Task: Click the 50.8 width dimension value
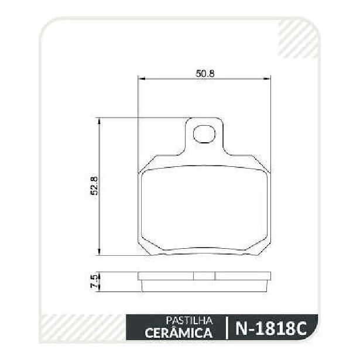click(205, 74)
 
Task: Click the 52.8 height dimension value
click(94, 186)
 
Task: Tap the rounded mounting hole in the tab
click(204, 134)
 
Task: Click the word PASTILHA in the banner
click(190, 321)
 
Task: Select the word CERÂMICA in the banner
click(179, 332)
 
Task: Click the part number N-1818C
click(271, 328)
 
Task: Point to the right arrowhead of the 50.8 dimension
click(266, 79)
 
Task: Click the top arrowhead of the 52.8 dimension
click(99, 121)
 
